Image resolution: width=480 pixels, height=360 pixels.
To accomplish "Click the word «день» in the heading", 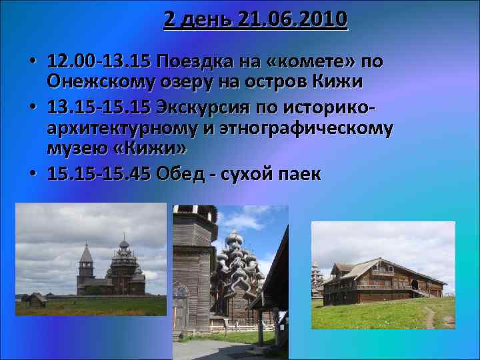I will coord(203,20).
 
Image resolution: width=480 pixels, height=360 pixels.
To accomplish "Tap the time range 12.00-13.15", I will coord(99,63).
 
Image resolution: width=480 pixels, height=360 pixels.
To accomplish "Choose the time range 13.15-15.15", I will coord(99,107).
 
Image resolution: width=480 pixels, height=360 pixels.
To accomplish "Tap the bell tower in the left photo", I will coord(86,267).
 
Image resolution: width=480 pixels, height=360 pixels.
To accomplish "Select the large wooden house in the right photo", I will coord(387,280).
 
